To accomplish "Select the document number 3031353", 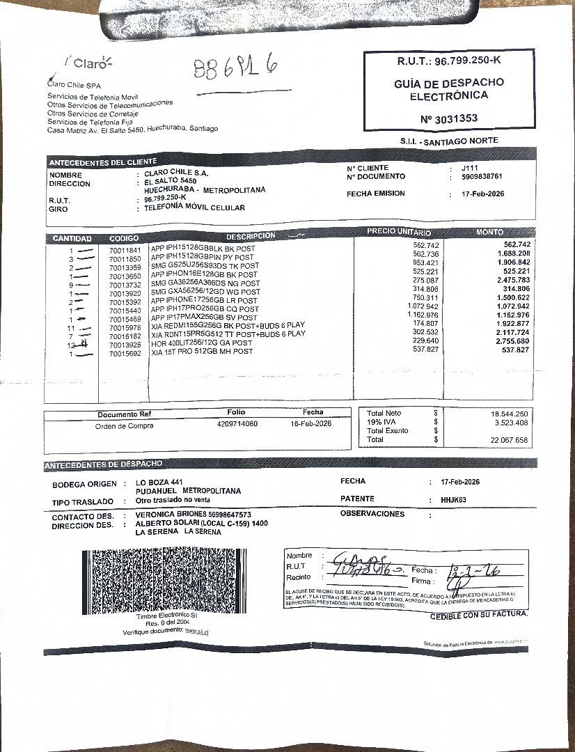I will point(449,118).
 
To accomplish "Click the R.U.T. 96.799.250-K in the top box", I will point(449,61).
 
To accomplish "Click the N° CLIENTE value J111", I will point(470,168).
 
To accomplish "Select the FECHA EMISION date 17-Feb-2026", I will point(483,194).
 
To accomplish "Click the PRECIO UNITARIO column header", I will point(399,232).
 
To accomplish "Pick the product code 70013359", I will point(125,267).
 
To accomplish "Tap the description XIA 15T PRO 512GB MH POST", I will point(201,352).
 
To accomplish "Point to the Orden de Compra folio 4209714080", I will point(237,424).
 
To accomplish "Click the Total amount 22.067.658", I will point(509,440).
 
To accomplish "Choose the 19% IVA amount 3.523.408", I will point(510,423).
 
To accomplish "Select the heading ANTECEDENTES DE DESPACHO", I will point(104,464).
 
